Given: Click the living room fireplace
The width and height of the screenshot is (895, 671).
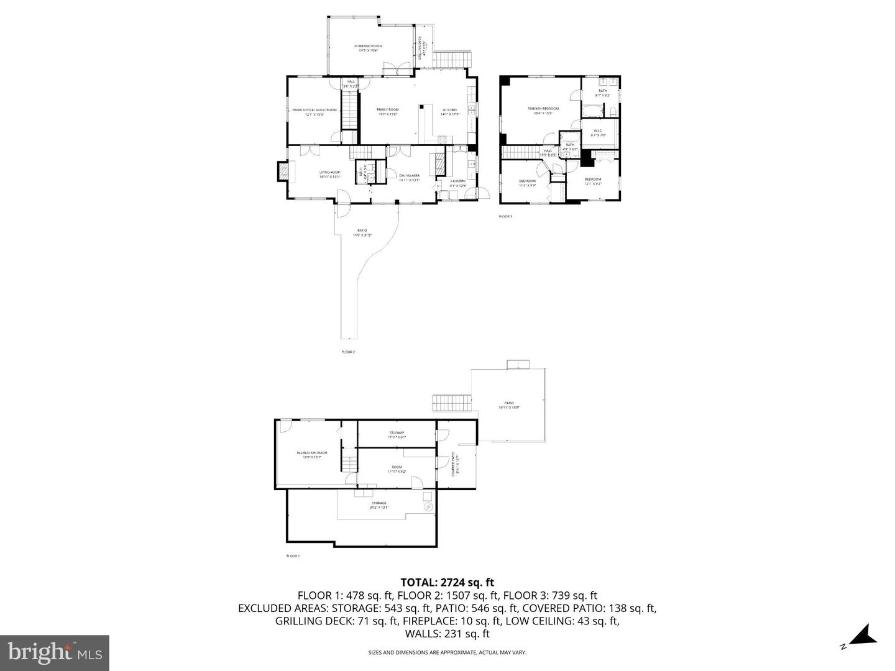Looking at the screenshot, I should (x=283, y=171).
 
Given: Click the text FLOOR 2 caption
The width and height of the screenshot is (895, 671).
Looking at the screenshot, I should (x=348, y=352).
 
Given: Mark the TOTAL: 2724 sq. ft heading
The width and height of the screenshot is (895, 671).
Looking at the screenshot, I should (x=447, y=582).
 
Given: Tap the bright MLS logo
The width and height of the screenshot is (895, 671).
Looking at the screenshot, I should (x=55, y=653).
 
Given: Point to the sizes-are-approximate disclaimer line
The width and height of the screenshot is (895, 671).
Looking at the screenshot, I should (x=447, y=652).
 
